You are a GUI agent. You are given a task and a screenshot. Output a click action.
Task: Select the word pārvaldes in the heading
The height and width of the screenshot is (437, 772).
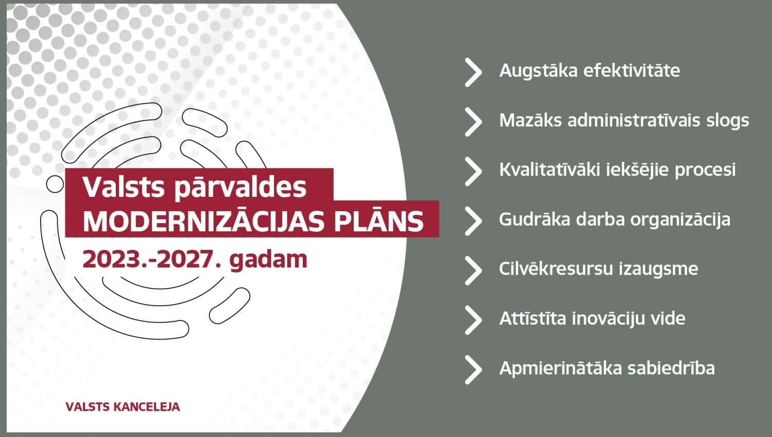tap(241, 189)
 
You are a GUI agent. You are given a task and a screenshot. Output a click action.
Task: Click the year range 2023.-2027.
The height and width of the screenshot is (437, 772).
tap(151, 259)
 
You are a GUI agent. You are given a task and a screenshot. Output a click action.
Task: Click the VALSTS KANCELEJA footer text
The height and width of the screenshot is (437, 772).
tap(123, 407)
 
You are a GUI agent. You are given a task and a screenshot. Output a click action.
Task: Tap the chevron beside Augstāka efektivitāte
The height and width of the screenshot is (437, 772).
tap(473, 72)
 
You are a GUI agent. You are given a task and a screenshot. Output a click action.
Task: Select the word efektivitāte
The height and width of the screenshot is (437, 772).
tap(631, 71)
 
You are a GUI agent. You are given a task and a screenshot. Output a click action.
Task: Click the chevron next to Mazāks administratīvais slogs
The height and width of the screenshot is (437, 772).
tap(473, 122)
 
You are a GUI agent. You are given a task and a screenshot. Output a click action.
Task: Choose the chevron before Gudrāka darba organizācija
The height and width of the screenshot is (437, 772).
tap(473, 221)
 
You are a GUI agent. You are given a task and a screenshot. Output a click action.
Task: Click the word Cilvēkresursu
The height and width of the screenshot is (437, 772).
tap(556, 268)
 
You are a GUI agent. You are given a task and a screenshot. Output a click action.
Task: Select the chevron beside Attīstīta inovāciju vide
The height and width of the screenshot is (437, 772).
tap(473, 320)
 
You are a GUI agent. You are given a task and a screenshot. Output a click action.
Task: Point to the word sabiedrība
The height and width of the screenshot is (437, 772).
tap(671, 367)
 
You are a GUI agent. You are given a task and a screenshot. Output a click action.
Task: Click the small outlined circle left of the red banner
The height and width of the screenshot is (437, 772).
tap(55, 184)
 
